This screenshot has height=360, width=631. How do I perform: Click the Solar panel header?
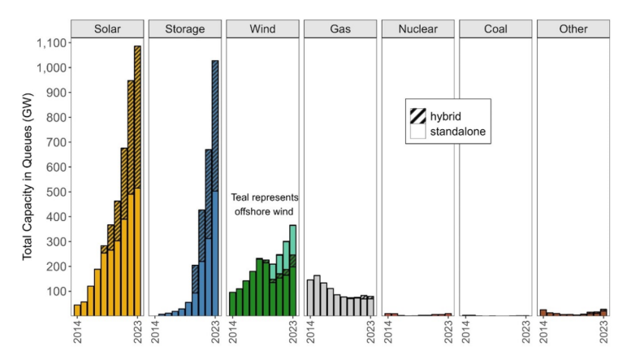(x=107, y=28)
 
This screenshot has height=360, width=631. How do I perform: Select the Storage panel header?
(x=184, y=28)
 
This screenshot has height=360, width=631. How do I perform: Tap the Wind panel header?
(x=262, y=28)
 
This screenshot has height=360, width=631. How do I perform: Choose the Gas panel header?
(x=340, y=28)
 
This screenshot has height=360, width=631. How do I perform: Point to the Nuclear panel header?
(x=417, y=28)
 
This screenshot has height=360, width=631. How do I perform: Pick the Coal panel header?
(x=495, y=28)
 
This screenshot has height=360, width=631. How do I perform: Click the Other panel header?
(x=573, y=28)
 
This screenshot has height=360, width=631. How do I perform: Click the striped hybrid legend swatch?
(x=418, y=115)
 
